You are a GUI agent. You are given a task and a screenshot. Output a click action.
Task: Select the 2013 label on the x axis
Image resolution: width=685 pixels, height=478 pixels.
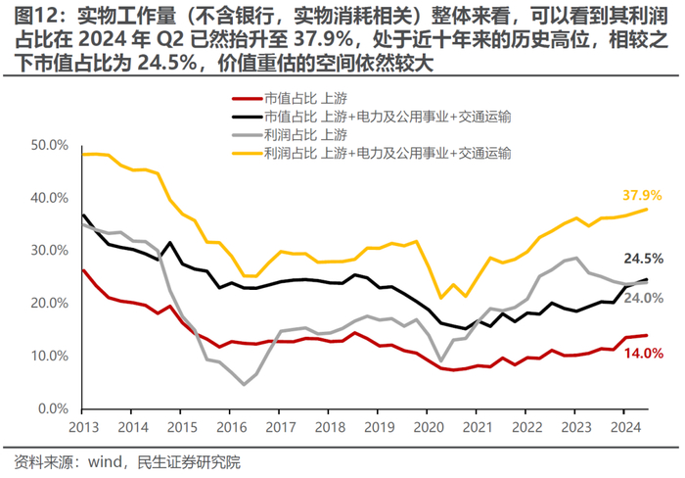coord(83,427)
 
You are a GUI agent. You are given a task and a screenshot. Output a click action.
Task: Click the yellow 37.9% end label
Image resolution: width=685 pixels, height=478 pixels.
coord(642,194)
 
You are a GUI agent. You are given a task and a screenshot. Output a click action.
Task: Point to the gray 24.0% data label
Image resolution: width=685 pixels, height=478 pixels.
coord(643,298)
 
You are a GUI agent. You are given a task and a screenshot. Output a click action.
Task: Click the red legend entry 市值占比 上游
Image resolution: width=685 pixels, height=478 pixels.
coord(304,99)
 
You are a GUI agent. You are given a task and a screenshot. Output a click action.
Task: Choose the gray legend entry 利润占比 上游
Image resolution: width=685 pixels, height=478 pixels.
coord(304,134)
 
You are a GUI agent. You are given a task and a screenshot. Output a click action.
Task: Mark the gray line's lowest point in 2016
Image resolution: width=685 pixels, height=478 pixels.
coord(243,384)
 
